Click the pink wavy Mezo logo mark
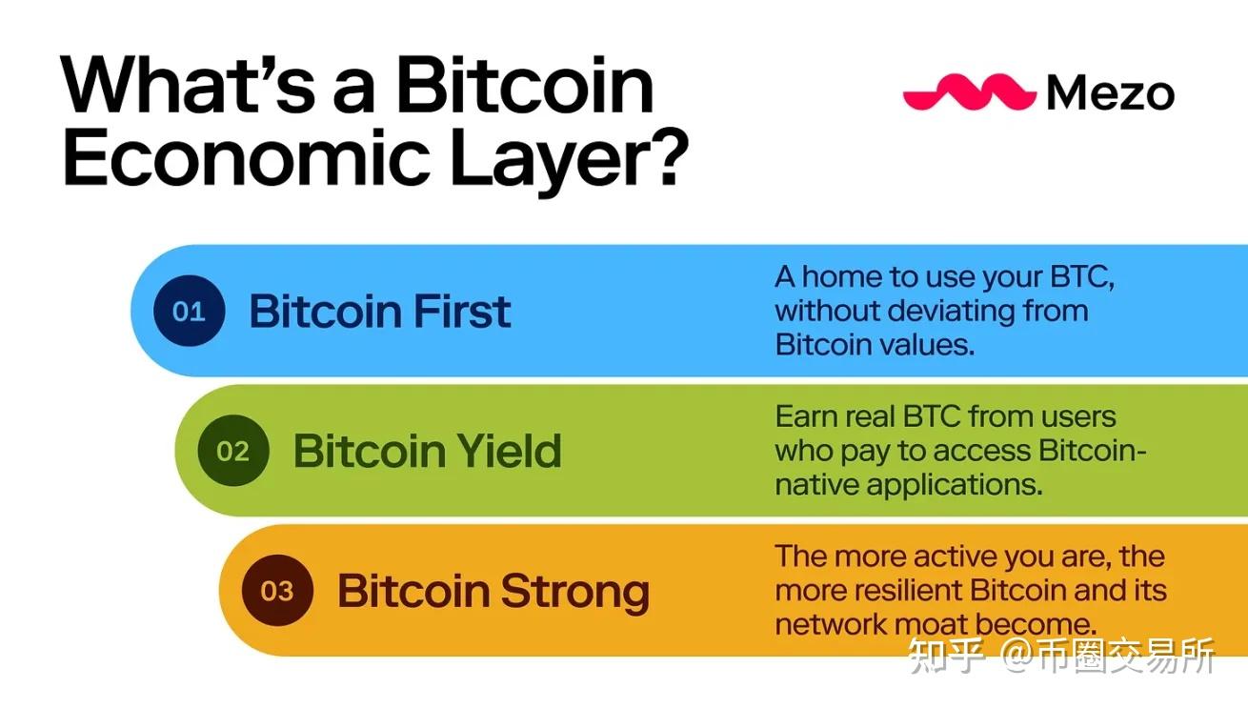point(968,92)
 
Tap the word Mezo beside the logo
point(1110,93)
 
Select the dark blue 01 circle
point(189,312)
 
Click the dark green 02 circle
point(232,451)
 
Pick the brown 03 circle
point(276,591)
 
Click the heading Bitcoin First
point(379,312)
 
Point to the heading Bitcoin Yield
point(427,451)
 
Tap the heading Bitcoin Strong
point(493,591)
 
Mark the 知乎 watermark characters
point(944,657)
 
